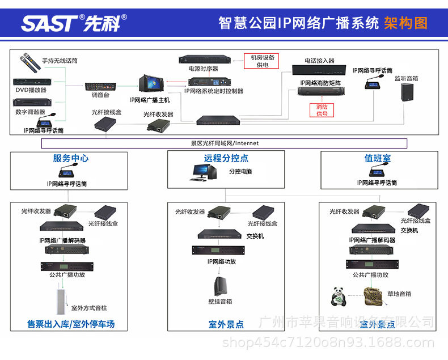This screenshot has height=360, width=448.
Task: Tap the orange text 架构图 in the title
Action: coord(405,23)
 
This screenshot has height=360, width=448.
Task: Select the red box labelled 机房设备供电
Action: coord(262,61)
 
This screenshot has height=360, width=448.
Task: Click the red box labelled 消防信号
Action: coord(322,109)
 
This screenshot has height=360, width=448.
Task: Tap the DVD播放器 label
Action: coord(31,90)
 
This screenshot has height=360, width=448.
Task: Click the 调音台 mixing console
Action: coord(100,87)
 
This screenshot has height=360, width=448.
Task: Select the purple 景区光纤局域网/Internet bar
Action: coord(224,143)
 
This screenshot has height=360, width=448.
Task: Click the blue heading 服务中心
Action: coord(71,159)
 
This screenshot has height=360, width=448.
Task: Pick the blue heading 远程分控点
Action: coord(226,159)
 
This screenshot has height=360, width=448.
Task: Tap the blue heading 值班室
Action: coord(377,159)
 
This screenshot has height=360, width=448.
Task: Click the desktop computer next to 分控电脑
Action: coord(201,172)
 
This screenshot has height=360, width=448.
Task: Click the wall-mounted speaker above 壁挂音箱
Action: coord(220,285)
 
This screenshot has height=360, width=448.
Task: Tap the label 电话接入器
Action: coord(319,60)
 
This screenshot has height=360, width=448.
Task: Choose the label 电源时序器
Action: coord(203,69)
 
